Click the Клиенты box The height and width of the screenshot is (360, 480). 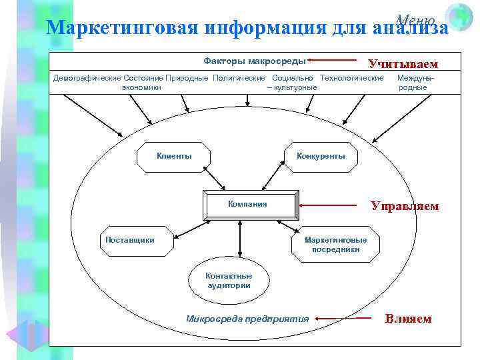pos(174,156)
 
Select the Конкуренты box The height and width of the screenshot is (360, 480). pos(321,156)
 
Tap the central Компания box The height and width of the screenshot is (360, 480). pos(247,205)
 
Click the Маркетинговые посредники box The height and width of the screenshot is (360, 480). pos(336,245)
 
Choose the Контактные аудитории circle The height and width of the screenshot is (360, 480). pos(229,281)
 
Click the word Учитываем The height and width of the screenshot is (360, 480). pos(403,65)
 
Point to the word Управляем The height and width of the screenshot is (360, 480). pos(405,206)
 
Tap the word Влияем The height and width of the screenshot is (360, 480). pos(408,319)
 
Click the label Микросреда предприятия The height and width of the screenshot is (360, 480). pos(247,319)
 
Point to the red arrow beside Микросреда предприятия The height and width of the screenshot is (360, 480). pos(344,319)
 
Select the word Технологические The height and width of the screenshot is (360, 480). pos(351,78)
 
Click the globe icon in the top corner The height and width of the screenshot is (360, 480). pos(459,16)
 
